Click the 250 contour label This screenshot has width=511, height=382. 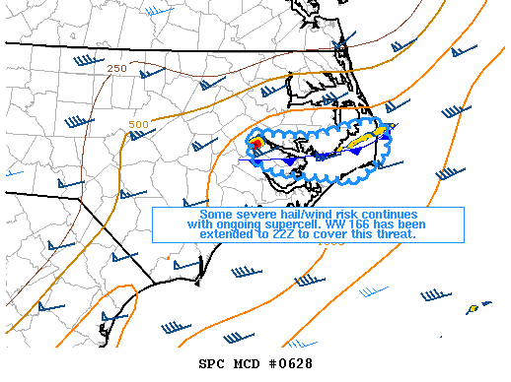point(117,68)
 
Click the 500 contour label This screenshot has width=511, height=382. point(138,124)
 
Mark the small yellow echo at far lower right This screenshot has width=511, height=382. point(474,308)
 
